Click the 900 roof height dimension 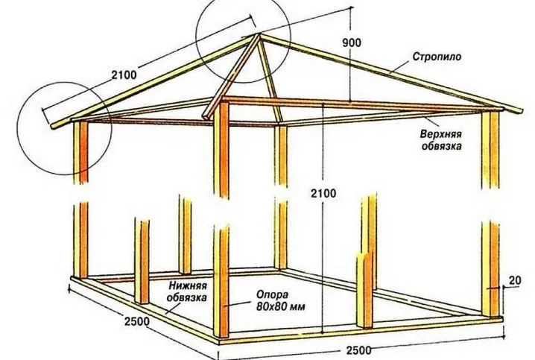(352, 43)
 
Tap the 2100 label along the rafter (124, 75)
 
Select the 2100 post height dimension (323, 194)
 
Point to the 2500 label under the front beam (358, 350)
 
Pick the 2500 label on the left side (136, 321)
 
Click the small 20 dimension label (515, 280)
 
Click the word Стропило (437, 57)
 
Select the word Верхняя (440, 133)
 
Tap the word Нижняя (187, 285)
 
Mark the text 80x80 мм (280, 307)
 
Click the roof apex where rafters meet (259, 34)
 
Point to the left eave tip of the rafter (53, 126)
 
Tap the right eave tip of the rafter (521, 111)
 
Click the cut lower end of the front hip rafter (206, 117)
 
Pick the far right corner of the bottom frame (502, 319)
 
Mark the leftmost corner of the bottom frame (72, 278)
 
